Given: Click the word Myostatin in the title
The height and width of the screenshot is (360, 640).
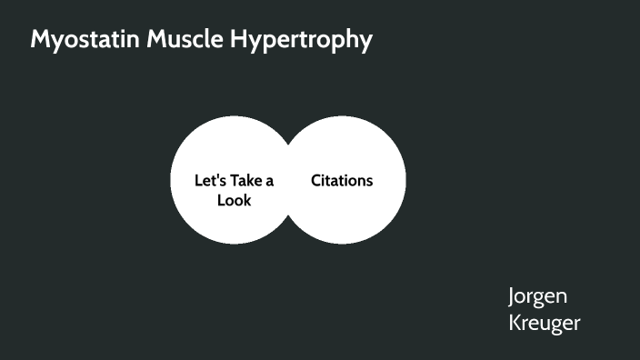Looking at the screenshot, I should pos(79,41).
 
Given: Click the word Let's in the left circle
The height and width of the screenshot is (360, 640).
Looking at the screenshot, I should pos(209,180).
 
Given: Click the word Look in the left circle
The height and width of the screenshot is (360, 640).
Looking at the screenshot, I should pos(234,200).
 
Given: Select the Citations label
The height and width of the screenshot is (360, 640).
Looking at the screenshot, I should pos(342,180).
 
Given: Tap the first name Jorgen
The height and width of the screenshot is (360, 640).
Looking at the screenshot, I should pos(537,296).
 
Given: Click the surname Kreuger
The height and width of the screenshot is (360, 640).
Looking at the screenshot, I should pos(544,323).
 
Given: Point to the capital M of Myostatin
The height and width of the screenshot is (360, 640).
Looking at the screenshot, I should pos(41,41).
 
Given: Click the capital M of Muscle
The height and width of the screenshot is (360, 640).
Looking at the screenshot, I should pos(144,41).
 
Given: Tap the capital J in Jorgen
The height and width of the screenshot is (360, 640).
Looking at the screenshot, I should pos(512,297).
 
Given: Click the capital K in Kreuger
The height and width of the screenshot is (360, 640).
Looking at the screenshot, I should pos(515,323).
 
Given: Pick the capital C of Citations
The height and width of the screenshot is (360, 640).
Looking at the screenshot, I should pos(316,180).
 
